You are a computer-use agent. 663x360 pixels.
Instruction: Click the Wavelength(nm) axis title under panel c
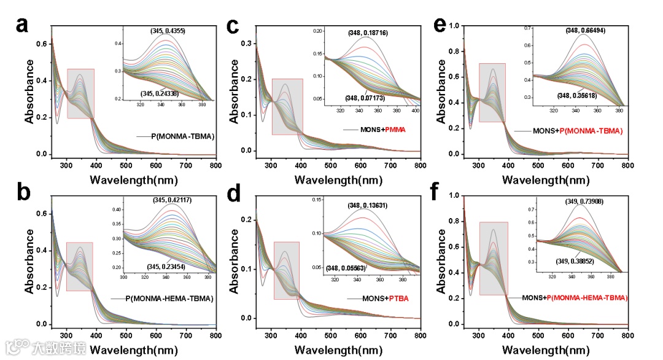337,180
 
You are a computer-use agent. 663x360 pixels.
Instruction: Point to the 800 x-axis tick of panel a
215,165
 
